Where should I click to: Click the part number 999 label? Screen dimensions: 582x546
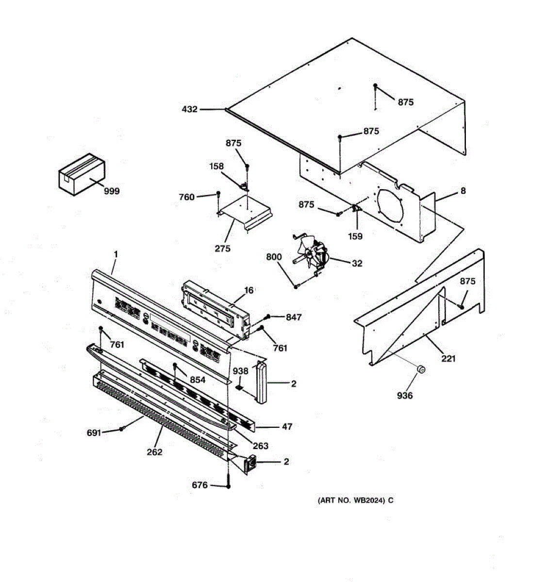click(x=112, y=191)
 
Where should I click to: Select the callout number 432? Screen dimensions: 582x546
click(x=189, y=110)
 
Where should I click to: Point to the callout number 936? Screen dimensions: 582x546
click(x=404, y=396)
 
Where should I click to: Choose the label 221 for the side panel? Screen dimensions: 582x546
click(x=449, y=359)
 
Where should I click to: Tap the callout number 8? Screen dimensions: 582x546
click(x=463, y=191)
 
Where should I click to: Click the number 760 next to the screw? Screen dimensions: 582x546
click(x=186, y=197)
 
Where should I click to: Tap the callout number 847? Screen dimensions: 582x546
click(x=293, y=317)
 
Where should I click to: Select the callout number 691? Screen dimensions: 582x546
click(x=94, y=432)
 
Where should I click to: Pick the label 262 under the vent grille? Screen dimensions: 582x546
click(x=155, y=452)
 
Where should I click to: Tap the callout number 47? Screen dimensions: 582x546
click(x=287, y=427)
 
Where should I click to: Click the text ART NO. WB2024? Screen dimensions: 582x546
click(x=352, y=500)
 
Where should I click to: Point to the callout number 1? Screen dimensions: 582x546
click(x=116, y=254)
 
